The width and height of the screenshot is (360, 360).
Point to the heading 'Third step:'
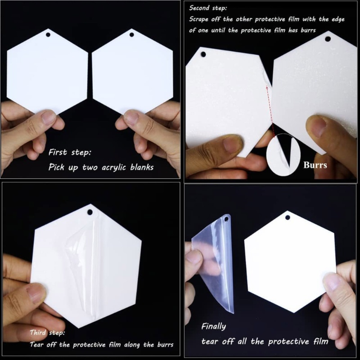point(47,333)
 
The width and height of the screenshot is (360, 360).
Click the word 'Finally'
point(213,326)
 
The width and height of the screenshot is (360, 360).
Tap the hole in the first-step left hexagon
point(47,35)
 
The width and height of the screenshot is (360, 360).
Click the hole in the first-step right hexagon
point(131,35)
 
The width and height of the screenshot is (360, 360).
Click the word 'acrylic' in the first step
point(106,167)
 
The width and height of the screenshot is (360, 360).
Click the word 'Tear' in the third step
point(37,345)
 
